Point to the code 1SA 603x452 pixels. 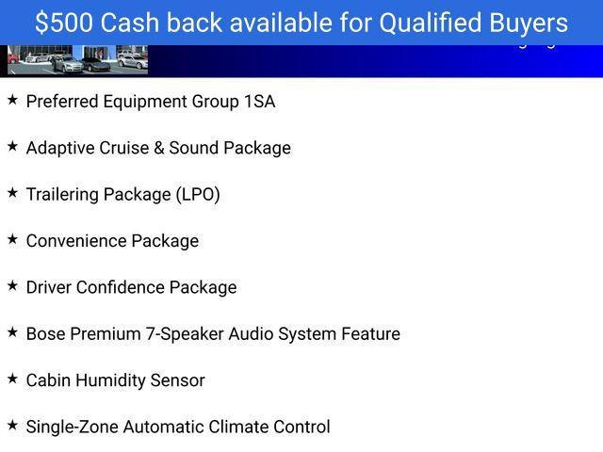pyautogui.click(x=259, y=102)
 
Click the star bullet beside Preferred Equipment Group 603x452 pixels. pyautogui.click(x=12, y=100)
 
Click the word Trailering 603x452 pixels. pyautogui.click(x=62, y=195)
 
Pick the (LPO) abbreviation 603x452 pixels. pyautogui.click(x=198, y=195)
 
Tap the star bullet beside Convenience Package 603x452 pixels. pyautogui.click(x=12, y=239)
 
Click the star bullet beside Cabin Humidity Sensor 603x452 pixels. pyautogui.click(x=12, y=379)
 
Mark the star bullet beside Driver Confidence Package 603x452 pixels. pyautogui.click(x=12, y=285)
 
